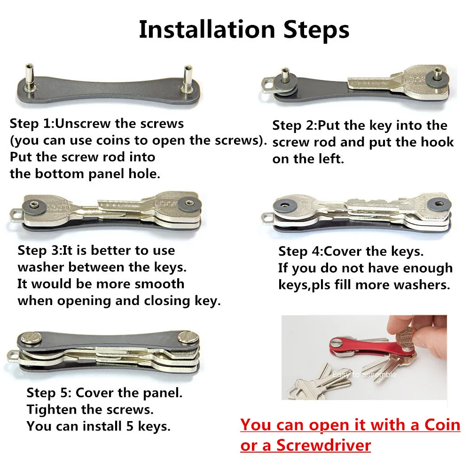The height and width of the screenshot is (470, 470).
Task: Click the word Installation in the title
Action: point(207,30)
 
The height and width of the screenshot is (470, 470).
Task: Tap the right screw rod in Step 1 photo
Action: point(188,79)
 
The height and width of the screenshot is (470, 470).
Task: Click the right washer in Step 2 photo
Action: point(438,78)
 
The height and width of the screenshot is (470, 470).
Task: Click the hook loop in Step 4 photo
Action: point(268,218)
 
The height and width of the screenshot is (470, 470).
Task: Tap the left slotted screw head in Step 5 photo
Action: point(31,338)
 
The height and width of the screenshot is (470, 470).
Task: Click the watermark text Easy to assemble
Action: point(364,375)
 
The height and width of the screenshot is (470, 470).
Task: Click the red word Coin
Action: point(442,425)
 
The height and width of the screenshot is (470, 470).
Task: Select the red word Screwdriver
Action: point(323,445)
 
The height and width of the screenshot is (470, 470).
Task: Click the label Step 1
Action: point(31,124)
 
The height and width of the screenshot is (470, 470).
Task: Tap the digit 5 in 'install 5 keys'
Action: point(130,426)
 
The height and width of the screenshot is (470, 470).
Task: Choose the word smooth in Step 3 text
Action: point(159,284)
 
